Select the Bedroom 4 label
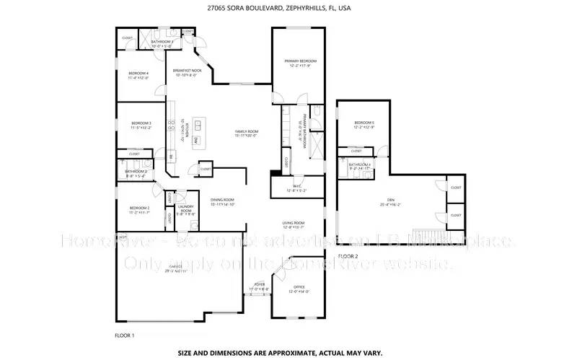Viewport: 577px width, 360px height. click(138, 74)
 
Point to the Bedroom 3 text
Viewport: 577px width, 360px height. click(141, 123)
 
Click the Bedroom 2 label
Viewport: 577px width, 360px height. click(138, 208)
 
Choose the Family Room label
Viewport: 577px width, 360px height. click(246, 131)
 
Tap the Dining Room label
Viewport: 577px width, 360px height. click(223, 200)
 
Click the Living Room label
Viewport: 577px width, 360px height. click(293, 223)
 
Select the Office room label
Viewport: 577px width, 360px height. click(299, 289)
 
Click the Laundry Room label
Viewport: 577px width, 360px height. click(186, 209)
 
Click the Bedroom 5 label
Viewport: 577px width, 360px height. click(364, 123)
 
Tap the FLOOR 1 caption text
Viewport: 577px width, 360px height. click(125, 335)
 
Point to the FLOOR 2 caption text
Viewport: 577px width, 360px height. click(348, 256)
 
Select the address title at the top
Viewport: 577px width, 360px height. click(288, 10)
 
